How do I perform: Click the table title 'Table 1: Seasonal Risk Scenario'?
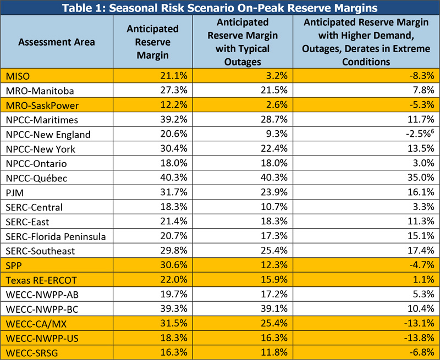click(x=219, y=8)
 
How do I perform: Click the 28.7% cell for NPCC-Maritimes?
click(x=280, y=120)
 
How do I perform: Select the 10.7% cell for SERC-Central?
click(x=280, y=207)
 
